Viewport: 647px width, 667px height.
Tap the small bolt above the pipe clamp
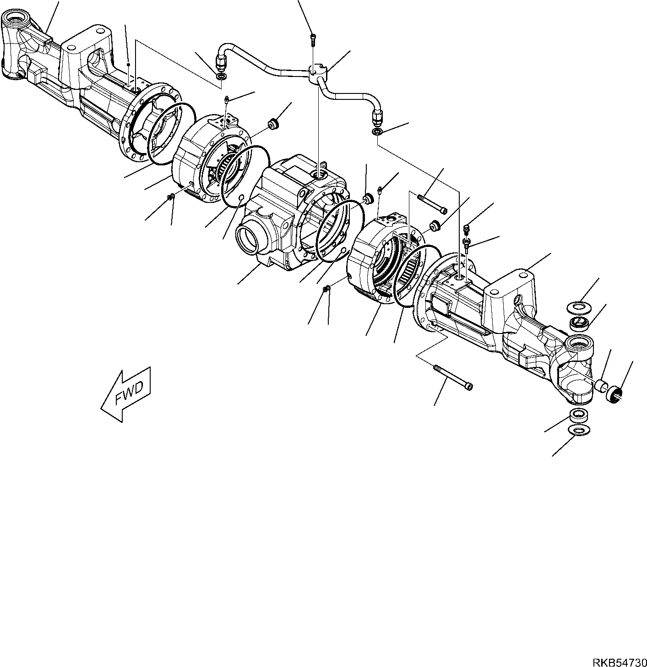click(313, 40)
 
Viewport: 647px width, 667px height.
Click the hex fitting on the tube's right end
click(377, 118)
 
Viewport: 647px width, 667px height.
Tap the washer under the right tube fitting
click(376, 132)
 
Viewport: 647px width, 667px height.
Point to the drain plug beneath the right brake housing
click(326, 288)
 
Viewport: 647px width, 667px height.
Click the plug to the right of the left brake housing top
click(274, 123)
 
